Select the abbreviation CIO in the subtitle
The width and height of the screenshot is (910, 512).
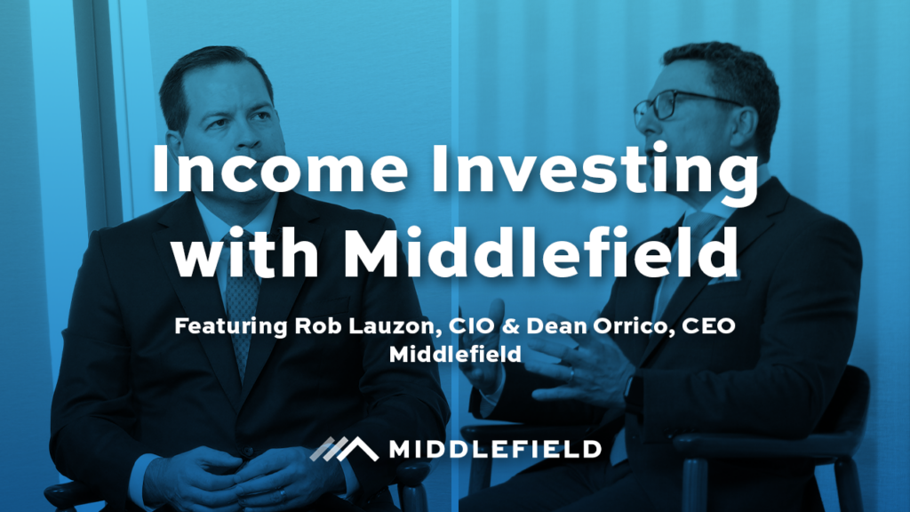pyautogui.click(x=463, y=325)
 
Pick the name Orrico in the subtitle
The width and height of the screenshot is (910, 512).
pyautogui.click(x=614, y=325)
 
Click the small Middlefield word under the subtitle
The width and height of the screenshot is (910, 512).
pyautogui.click(x=454, y=353)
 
